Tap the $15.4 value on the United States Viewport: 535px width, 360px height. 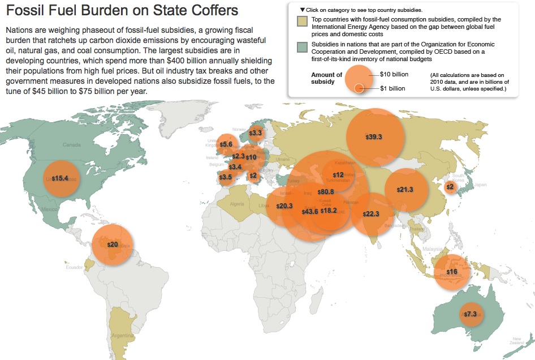(60, 178)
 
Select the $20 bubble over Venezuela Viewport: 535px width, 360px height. (113, 245)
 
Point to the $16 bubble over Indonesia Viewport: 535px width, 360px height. (451, 272)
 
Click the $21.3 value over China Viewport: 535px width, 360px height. (404, 190)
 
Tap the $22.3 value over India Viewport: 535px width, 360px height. (371, 214)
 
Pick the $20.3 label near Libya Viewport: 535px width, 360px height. (284, 206)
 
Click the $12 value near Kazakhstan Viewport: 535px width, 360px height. (338, 175)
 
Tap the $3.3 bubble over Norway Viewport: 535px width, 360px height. (256, 133)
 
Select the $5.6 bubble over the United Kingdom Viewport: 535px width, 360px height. (226, 144)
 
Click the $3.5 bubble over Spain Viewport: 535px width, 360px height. (226, 177)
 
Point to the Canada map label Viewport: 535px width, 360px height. (72, 145)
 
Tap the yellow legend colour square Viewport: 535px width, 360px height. (303, 22)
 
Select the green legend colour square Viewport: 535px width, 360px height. (303, 46)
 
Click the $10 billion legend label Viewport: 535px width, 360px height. (394, 74)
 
